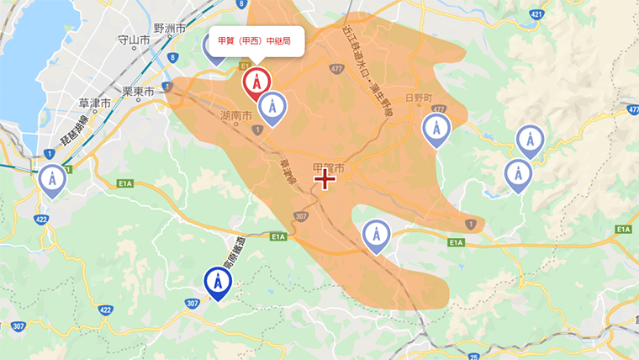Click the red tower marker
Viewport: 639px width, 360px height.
[x=256, y=82]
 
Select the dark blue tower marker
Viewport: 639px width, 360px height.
[x=218, y=283]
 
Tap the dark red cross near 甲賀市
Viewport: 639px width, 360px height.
[x=325, y=179]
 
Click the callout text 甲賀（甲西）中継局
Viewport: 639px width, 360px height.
[x=253, y=40]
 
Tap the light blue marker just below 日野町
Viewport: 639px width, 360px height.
[x=436, y=129]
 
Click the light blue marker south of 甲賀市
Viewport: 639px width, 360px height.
[x=376, y=236]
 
